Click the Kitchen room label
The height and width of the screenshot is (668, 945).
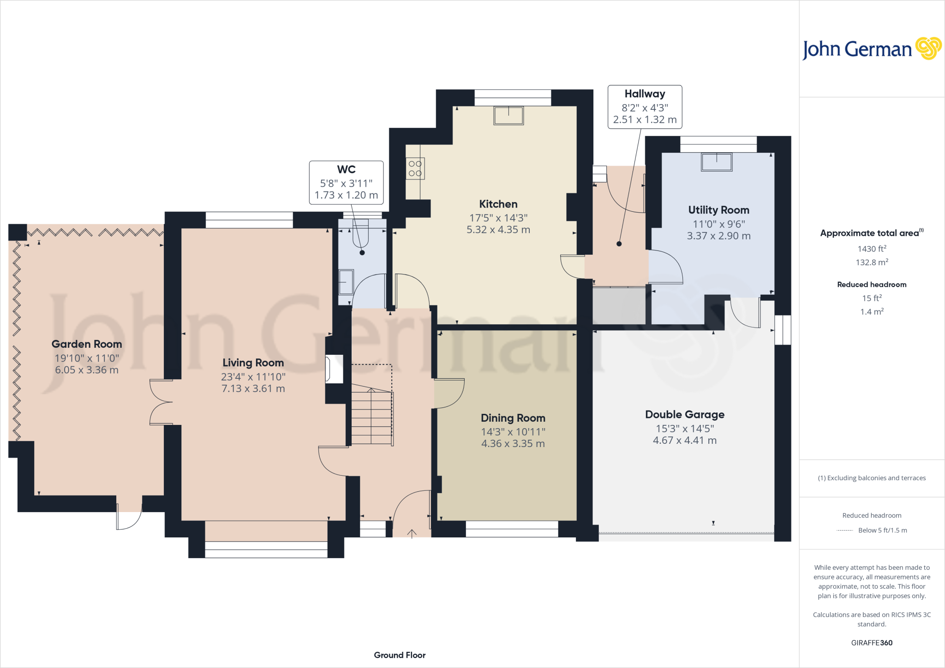pyautogui.click(x=498, y=204)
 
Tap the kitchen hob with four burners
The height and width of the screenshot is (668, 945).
pyautogui.click(x=415, y=168)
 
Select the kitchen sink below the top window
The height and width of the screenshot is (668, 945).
pyautogui.click(x=508, y=115)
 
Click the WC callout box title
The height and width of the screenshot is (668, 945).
pyautogui.click(x=346, y=169)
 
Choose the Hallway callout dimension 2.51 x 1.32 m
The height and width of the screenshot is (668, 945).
pyautogui.click(x=645, y=119)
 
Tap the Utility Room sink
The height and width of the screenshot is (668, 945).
pyautogui.click(x=716, y=162)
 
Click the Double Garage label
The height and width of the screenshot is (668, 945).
pyautogui.click(x=684, y=414)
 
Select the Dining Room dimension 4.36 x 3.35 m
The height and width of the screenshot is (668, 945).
pyautogui.click(x=513, y=443)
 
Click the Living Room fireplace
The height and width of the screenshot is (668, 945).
pyautogui.click(x=334, y=369)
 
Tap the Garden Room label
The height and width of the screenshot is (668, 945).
pyautogui.click(x=87, y=344)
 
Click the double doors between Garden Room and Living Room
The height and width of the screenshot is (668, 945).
pyautogui.click(x=161, y=402)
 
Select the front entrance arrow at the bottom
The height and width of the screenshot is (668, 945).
pyautogui.click(x=412, y=533)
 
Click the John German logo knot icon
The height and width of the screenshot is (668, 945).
pyautogui.click(x=928, y=48)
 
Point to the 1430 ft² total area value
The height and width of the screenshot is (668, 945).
pyautogui.click(x=871, y=249)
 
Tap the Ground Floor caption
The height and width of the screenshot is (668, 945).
pyautogui.click(x=400, y=655)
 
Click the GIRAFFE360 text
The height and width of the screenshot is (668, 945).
pyautogui.click(x=871, y=643)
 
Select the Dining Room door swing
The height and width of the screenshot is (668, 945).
pyautogui.click(x=449, y=393)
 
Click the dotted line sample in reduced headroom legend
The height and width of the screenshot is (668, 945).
pyautogui.click(x=844, y=531)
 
